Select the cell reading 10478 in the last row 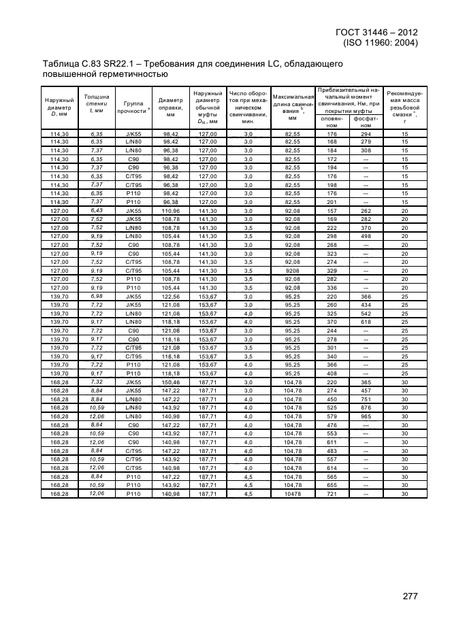click(x=292, y=493)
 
